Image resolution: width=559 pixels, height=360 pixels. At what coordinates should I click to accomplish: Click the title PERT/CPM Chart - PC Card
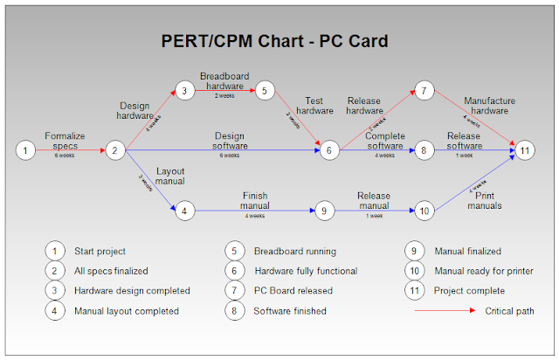pyautogui.click(x=274, y=41)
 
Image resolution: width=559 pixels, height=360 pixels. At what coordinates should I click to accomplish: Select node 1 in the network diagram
pyautogui.click(x=27, y=150)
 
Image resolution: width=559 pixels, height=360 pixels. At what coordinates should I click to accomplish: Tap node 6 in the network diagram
pyautogui.click(x=329, y=150)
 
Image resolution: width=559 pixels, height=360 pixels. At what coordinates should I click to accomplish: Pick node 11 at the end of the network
pyautogui.click(x=524, y=150)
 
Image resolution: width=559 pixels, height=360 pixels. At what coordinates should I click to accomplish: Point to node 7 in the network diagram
pyautogui.click(x=424, y=90)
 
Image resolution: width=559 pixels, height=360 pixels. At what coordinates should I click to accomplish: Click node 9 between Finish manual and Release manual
pyautogui.click(x=323, y=211)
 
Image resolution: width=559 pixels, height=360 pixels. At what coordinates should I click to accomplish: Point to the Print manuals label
pyautogui.click(x=484, y=201)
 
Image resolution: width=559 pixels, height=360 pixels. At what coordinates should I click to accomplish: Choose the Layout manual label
pyautogui.click(x=169, y=177)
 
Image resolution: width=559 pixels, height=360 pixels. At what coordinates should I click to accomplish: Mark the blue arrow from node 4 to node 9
pyautogui.click(x=253, y=211)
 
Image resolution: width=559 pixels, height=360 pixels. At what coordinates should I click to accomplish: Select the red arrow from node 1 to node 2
pyautogui.click(x=70, y=150)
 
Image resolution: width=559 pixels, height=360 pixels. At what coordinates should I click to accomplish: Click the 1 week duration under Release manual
pyautogui.click(x=374, y=215)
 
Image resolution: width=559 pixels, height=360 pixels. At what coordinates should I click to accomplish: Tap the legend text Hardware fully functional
pyautogui.click(x=305, y=271)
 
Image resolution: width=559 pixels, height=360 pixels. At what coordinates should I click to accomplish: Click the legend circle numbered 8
pyautogui.click(x=235, y=310)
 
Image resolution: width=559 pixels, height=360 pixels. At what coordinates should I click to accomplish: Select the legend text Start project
pyautogui.click(x=100, y=251)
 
